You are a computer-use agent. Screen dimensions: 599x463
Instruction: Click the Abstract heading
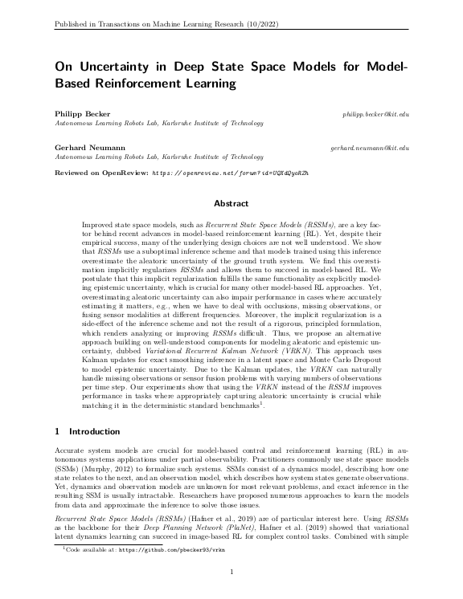pos(231,204)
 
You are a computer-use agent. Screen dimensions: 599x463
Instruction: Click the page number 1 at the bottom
pos(231,572)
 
